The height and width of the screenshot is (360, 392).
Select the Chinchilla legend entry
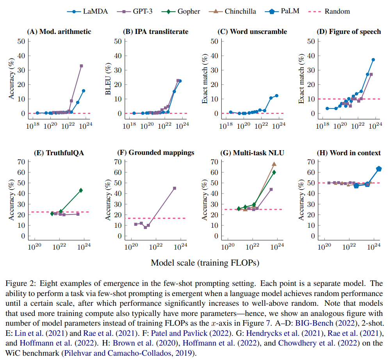[240, 11]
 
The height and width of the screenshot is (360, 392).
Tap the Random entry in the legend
[337, 11]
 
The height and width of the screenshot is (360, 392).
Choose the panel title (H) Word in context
[349, 153]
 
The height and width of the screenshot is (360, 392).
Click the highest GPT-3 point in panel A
[81, 66]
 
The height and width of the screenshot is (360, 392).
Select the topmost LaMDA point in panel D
[373, 60]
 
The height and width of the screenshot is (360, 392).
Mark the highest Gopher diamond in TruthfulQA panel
[81, 190]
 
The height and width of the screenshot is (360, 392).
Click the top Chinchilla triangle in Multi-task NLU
[274, 164]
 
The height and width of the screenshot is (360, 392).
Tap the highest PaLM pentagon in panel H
[378, 169]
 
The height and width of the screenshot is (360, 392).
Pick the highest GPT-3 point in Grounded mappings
[174, 188]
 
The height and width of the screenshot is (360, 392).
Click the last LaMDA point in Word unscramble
[276, 96]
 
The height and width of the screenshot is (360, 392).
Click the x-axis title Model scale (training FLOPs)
[205, 263]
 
